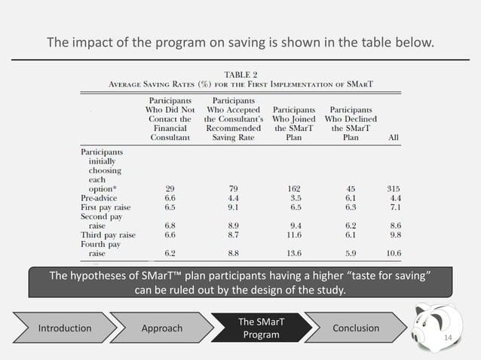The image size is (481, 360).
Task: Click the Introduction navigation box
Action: point(65,328)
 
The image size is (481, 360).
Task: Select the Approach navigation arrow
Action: point(161,328)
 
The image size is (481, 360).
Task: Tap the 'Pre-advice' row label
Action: point(100,197)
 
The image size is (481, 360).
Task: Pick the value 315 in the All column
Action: point(391,188)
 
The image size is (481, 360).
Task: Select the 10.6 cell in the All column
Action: point(391,254)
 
